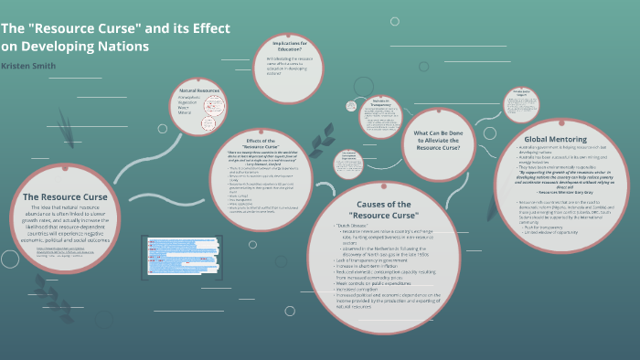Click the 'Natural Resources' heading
click(200, 90)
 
